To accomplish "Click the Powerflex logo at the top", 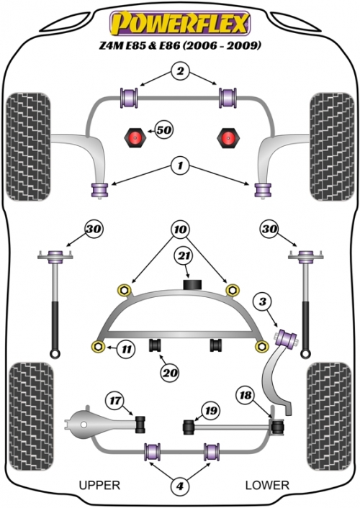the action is [x=180, y=23].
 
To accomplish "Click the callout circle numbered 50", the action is [x=164, y=130].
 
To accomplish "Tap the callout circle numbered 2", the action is [x=180, y=71].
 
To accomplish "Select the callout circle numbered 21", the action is [x=184, y=256].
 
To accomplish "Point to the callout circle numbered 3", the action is [x=263, y=301].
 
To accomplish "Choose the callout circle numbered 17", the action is [x=115, y=401].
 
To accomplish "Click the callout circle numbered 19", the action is [x=211, y=410].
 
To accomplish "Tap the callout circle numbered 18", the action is [x=246, y=395].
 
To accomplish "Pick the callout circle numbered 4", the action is [x=180, y=486].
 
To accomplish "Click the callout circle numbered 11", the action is [x=127, y=349].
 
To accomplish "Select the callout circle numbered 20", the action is [x=170, y=373].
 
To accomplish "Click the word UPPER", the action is [x=99, y=485].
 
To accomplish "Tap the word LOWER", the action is [x=267, y=485].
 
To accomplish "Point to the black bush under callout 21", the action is [x=193, y=284].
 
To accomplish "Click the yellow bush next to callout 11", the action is [x=97, y=347].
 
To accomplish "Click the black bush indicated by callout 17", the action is [x=140, y=424].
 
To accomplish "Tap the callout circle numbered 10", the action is [x=180, y=230].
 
